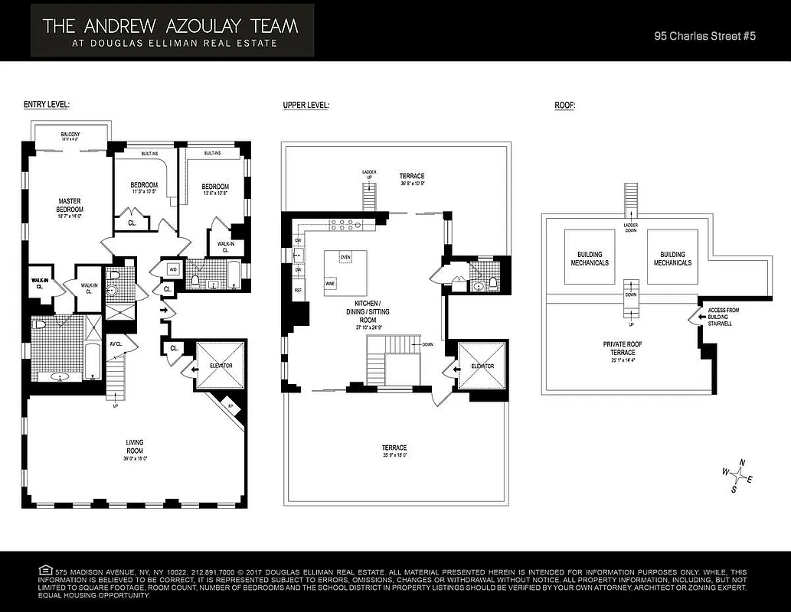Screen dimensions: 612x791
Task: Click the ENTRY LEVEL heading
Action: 47,105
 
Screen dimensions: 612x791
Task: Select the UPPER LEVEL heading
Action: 306,105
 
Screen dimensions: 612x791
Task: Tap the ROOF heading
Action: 564,105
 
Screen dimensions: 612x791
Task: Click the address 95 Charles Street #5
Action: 705,36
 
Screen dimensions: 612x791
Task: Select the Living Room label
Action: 135,447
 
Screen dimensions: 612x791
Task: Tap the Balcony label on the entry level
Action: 70,136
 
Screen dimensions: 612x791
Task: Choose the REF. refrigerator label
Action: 298,291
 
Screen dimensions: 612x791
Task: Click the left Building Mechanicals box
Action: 589,259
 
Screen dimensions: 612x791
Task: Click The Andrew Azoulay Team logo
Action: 172,30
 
